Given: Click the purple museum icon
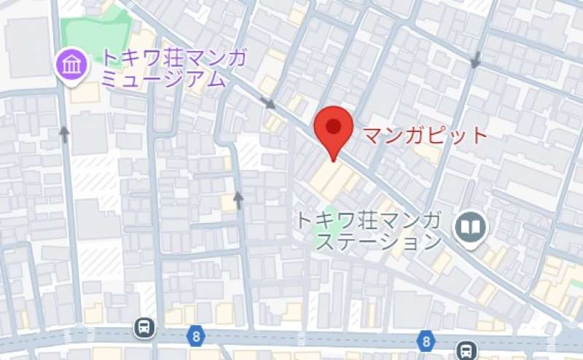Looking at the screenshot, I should [x=72, y=66].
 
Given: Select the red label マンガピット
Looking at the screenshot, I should [x=424, y=136].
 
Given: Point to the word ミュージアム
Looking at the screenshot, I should [x=163, y=79].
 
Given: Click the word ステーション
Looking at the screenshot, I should [x=380, y=241].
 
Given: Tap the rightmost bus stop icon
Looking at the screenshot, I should [x=466, y=351].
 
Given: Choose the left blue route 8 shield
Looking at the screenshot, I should [x=195, y=336].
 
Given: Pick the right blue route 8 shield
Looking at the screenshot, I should [x=425, y=340].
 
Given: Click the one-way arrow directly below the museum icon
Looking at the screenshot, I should [x=64, y=133].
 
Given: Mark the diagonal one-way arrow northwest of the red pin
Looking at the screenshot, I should [x=269, y=104].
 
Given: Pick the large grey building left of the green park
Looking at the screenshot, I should [x=28, y=44].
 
